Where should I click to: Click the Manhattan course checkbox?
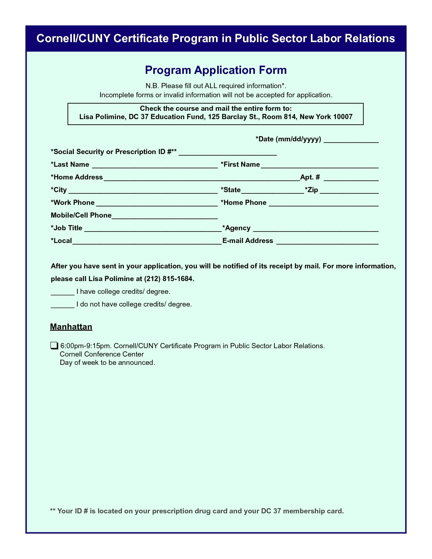click(54, 345)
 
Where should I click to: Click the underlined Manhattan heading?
click(71, 327)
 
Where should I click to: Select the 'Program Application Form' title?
click(216, 70)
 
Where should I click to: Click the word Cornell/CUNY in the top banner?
click(73, 39)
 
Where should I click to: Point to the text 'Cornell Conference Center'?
click(102, 354)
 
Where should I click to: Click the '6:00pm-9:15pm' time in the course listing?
click(86, 346)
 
